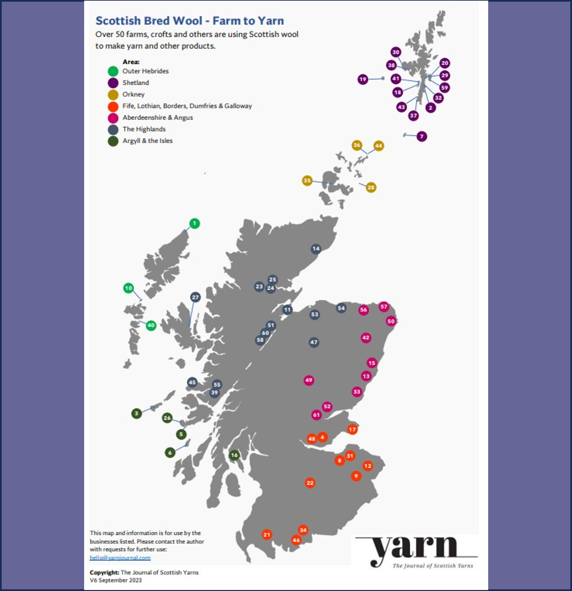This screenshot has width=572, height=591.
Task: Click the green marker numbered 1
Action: coord(194,223)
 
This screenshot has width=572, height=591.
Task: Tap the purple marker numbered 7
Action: coord(421,136)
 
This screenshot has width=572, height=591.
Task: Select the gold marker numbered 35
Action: coord(307,181)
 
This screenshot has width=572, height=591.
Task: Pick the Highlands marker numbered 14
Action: coord(316,249)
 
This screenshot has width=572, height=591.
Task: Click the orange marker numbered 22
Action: coord(310,483)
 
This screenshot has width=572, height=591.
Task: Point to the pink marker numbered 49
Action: coord(309,380)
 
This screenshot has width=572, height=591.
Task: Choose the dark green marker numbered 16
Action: coord(234,455)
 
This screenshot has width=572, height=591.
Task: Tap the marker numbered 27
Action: coord(195,297)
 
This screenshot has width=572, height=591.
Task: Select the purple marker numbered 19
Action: coord(363,79)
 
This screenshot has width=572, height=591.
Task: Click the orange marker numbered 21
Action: coord(266,535)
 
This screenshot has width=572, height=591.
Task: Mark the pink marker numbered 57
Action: coord(384,306)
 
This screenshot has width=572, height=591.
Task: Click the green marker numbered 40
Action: coord(151,325)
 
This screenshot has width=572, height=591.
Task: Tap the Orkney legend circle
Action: coord(113,94)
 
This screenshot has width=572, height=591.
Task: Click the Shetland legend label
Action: coord(136,83)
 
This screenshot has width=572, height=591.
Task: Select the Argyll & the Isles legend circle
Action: coord(113,141)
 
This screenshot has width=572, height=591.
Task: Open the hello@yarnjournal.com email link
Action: coord(120,558)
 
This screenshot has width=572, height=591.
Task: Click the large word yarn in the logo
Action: coord(414,548)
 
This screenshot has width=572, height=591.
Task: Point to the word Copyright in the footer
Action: coord(104,572)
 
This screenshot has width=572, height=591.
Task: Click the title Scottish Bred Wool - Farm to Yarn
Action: coord(190,21)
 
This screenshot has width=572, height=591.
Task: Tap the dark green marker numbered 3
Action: coord(136,413)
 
